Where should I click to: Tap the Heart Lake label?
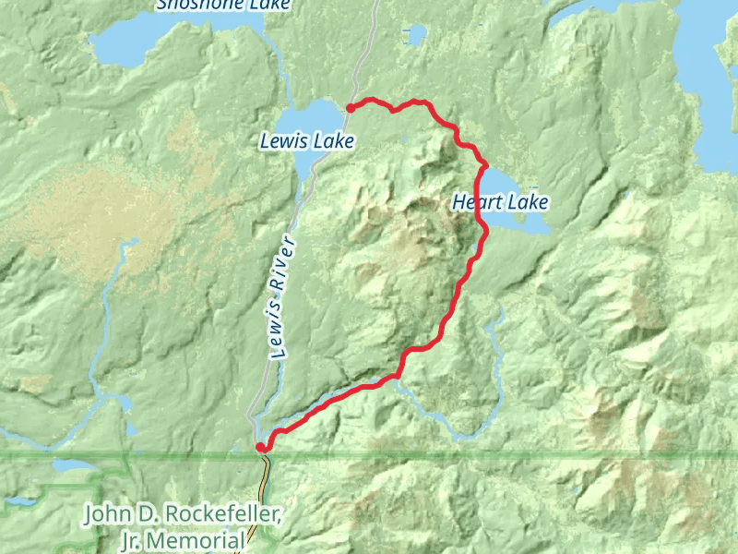pyautogui.click(x=500, y=202)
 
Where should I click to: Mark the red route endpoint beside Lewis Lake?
pyautogui.click(x=351, y=108)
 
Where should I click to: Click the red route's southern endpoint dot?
pyautogui.click(x=261, y=448)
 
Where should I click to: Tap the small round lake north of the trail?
pyautogui.click(x=414, y=34)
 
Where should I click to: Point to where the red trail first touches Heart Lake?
pyautogui.click(x=483, y=166)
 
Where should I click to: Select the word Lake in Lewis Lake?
pyautogui.click(x=336, y=141)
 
